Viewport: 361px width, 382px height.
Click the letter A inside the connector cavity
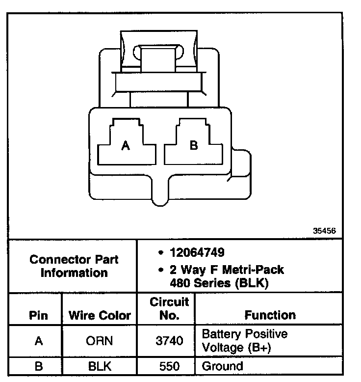pyautogui.click(x=126, y=146)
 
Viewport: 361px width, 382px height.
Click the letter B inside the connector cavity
pyautogui.click(x=194, y=145)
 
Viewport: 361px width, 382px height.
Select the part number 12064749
pyautogui.click(x=197, y=253)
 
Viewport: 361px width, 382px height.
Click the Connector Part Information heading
pyautogui.click(x=74, y=266)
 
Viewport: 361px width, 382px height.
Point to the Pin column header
pyautogui.click(x=38, y=315)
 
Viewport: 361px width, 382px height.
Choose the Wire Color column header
pyautogui.click(x=100, y=315)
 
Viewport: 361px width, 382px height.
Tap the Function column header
pyautogui.click(x=270, y=315)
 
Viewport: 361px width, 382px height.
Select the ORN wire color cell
pyautogui.click(x=100, y=341)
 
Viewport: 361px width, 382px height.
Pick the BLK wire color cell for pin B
pyautogui.click(x=100, y=366)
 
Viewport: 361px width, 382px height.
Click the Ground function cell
pyautogui.click(x=222, y=366)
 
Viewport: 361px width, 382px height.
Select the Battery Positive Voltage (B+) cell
pyautogui.click(x=245, y=341)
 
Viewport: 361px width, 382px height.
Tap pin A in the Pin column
pyautogui.click(x=38, y=341)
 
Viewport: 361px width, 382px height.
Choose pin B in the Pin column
pyautogui.click(x=38, y=366)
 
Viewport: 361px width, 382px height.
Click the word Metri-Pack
pyautogui.click(x=255, y=270)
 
